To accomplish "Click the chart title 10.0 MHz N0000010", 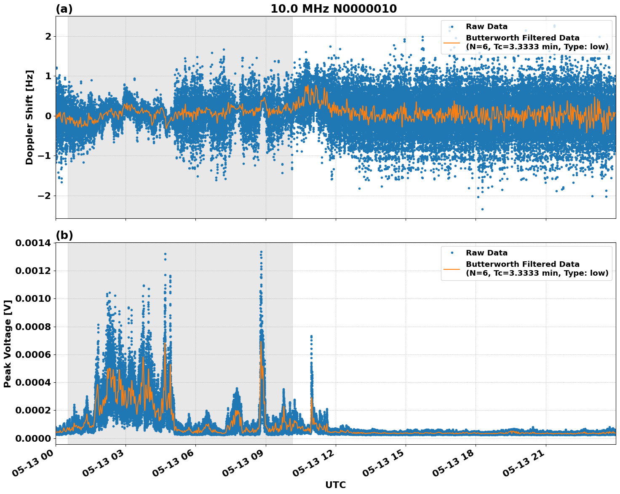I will point(333,9).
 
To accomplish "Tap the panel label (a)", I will point(64,9).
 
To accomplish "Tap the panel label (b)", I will point(64,235).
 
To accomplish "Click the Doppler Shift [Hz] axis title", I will point(29,117).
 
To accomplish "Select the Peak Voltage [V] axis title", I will point(7,344).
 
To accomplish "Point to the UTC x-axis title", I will point(335,485).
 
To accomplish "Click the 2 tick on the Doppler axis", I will point(48,37).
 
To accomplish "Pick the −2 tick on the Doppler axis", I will point(44,196).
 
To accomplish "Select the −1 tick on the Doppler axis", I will point(44,156).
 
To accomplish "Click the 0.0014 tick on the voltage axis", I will point(33,243).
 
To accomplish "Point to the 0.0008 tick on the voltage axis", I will point(33,327).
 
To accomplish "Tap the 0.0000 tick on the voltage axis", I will point(33,438).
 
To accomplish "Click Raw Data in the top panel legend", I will point(486,27).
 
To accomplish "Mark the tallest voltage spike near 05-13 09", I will point(261,252).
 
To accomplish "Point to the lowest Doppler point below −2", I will point(482,209).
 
